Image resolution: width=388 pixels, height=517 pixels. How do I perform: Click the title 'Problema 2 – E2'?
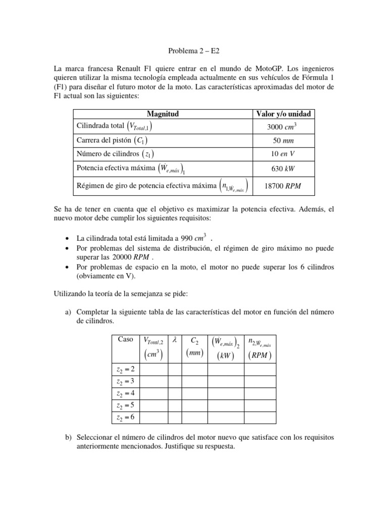tap(193, 51)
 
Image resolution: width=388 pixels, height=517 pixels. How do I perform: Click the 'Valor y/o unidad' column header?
tap(283, 114)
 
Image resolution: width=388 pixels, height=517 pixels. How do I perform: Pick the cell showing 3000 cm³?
tap(283, 127)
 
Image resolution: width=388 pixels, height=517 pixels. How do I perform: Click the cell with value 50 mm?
tap(283, 141)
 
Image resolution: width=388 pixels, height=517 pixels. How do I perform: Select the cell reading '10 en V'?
tap(283, 154)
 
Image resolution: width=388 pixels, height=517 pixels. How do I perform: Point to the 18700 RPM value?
tap(283, 186)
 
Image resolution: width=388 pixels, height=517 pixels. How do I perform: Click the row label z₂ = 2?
tap(125, 370)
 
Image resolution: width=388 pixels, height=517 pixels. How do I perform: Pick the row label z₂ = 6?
tap(125, 417)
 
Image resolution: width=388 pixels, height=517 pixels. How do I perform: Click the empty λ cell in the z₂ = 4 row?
tap(174, 393)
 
